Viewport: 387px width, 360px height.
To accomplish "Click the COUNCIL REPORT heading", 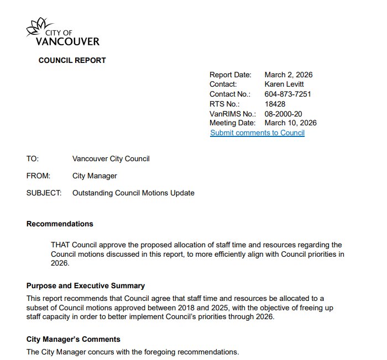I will point(72,60).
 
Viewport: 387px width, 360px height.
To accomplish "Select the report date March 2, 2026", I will point(289,75).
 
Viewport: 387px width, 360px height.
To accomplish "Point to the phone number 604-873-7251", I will point(287,94).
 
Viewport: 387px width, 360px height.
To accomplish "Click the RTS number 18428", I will point(275,103).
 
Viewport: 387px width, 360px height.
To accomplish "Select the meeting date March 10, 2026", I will point(290,123).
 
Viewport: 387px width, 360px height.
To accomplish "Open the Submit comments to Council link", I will point(257,133).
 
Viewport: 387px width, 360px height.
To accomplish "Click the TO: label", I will point(33,159).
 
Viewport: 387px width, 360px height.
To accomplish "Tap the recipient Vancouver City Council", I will point(111,159).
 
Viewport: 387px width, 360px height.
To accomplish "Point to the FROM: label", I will point(38,176).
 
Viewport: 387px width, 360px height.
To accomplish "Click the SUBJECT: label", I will point(44,193).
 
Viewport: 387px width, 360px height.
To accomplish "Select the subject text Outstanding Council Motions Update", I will point(133,193).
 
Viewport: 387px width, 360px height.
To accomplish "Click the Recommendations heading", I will point(60,224).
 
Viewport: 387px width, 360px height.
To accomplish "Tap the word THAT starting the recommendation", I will point(61,244).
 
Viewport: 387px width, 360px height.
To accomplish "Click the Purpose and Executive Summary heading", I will point(86,285).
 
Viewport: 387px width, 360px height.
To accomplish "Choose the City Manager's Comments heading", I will point(73,338).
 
